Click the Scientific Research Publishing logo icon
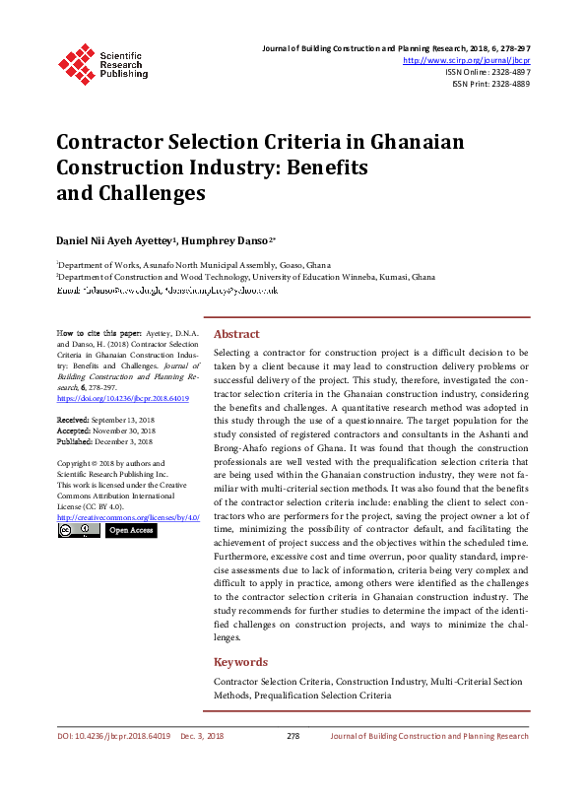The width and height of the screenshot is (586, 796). pyautogui.click(x=74, y=62)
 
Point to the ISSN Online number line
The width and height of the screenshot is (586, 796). pyautogui.click(x=488, y=72)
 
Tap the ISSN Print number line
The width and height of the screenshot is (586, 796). pyautogui.click(x=490, y=84)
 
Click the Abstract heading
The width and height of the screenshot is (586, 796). pyautogui.click(x=236, y=334)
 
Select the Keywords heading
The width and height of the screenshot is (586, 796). pyautogui.click(x=240, y=662)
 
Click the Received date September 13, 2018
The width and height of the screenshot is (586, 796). pyautogui.click(x=122, y=421)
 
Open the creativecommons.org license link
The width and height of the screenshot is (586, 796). pyautogui.click(x=128, y=517)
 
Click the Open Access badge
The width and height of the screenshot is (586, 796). pyautogui.click(x=131, y=530)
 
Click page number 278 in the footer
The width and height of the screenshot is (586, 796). pyautogui.click(x=293, y=736)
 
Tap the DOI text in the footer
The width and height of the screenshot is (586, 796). pyautogui.click(x=113, y=736)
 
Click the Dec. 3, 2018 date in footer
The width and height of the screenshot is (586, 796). pyautogui.click(x=202, y=736)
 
